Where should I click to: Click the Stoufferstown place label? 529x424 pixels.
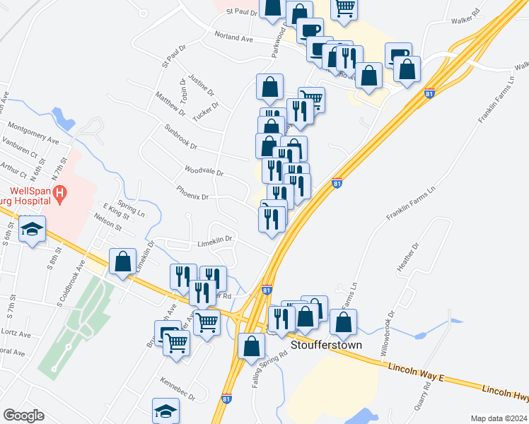click(x=326, y=346)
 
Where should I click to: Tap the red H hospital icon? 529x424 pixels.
click(x=60, y=192)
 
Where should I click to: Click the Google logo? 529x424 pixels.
click(x=23, y=416)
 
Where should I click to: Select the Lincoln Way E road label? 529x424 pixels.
click(x=415, y=372)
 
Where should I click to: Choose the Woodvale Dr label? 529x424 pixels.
click(x=204, y=171)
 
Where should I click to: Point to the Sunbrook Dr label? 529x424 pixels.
click(x=180, y=139)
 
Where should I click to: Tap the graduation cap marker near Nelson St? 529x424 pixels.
click(x=32, y=229)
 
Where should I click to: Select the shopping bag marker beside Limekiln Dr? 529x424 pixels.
click(x=123, y=261)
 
